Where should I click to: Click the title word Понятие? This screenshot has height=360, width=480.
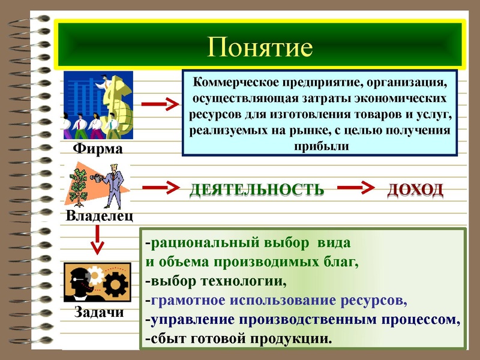click(x=260, y=47)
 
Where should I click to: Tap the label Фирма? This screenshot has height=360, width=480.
click(x=97, y=148)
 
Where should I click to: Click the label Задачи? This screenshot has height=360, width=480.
click(x=99, y=311)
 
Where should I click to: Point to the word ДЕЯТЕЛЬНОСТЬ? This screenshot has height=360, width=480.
click(x=257, y=190)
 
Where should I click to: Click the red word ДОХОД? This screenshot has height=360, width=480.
click(x=415, y=190)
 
